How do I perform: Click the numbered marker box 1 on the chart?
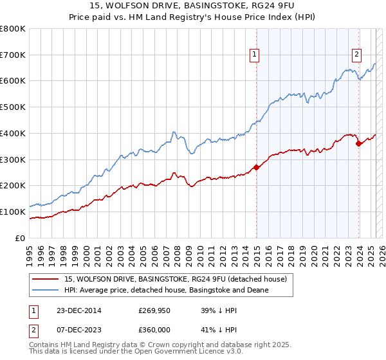[x=255, y=55]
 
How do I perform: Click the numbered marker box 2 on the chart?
[x=356, y=55]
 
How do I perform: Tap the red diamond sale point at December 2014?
[x=257, y=167]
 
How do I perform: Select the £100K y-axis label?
[x=14, y=212]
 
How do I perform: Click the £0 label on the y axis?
[x=19, y=238]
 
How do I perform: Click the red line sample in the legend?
[x=45, y=278]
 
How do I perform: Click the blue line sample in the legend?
[x=45, y=290]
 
